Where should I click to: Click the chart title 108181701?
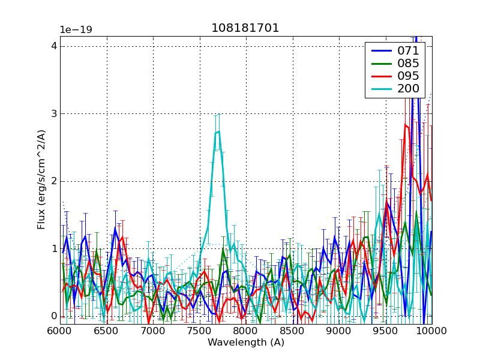point(245,28)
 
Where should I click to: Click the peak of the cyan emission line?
point(218,131)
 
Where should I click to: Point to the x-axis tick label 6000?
point(59,331)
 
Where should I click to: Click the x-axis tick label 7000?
point(152,331)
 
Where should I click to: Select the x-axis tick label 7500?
point(199,331)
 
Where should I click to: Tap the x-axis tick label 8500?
point(292,331)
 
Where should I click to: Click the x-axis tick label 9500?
point(385,331)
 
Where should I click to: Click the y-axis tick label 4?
point(53,46)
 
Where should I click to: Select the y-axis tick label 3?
point(53,114)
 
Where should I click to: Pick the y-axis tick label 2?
point(53,181)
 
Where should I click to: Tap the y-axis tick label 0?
point(53,316)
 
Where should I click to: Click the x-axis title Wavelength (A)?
point(245,343)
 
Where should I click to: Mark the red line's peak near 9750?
point(406,125)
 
